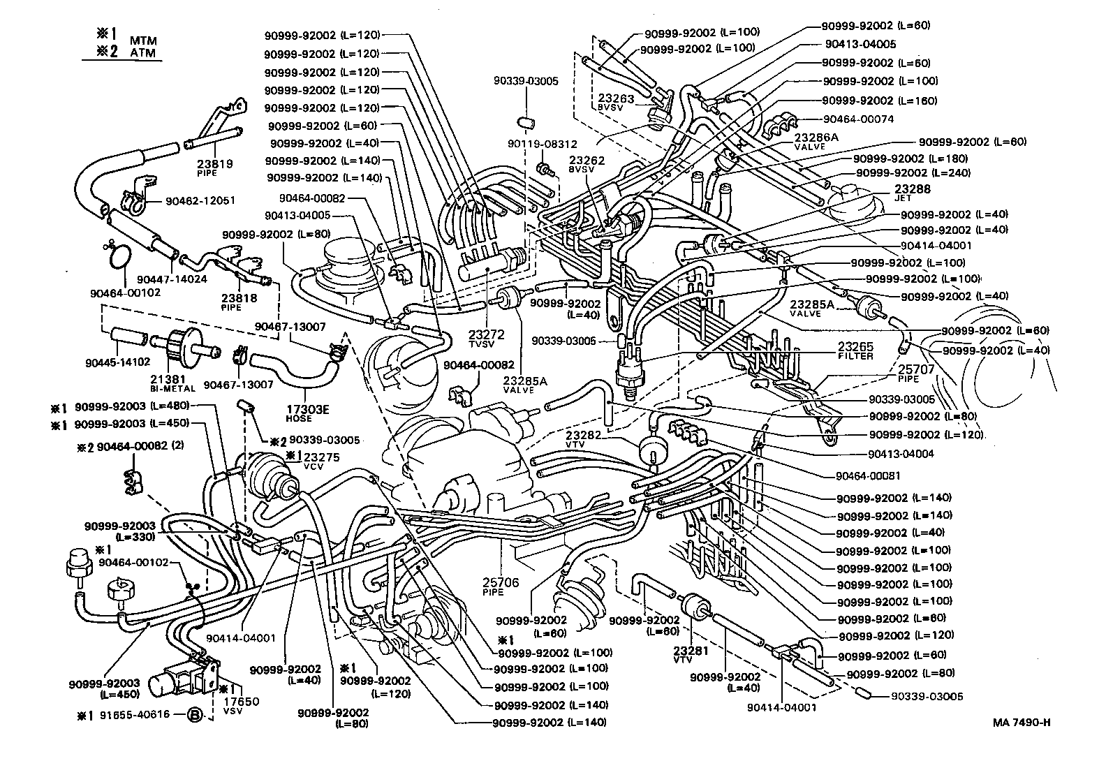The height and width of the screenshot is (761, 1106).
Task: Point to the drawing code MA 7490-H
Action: point(1022,722)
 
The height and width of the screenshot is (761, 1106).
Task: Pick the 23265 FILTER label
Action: point(855,350)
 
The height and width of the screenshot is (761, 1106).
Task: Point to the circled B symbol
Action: point(196,714)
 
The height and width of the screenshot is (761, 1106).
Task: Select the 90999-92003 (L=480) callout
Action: point(121,406)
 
